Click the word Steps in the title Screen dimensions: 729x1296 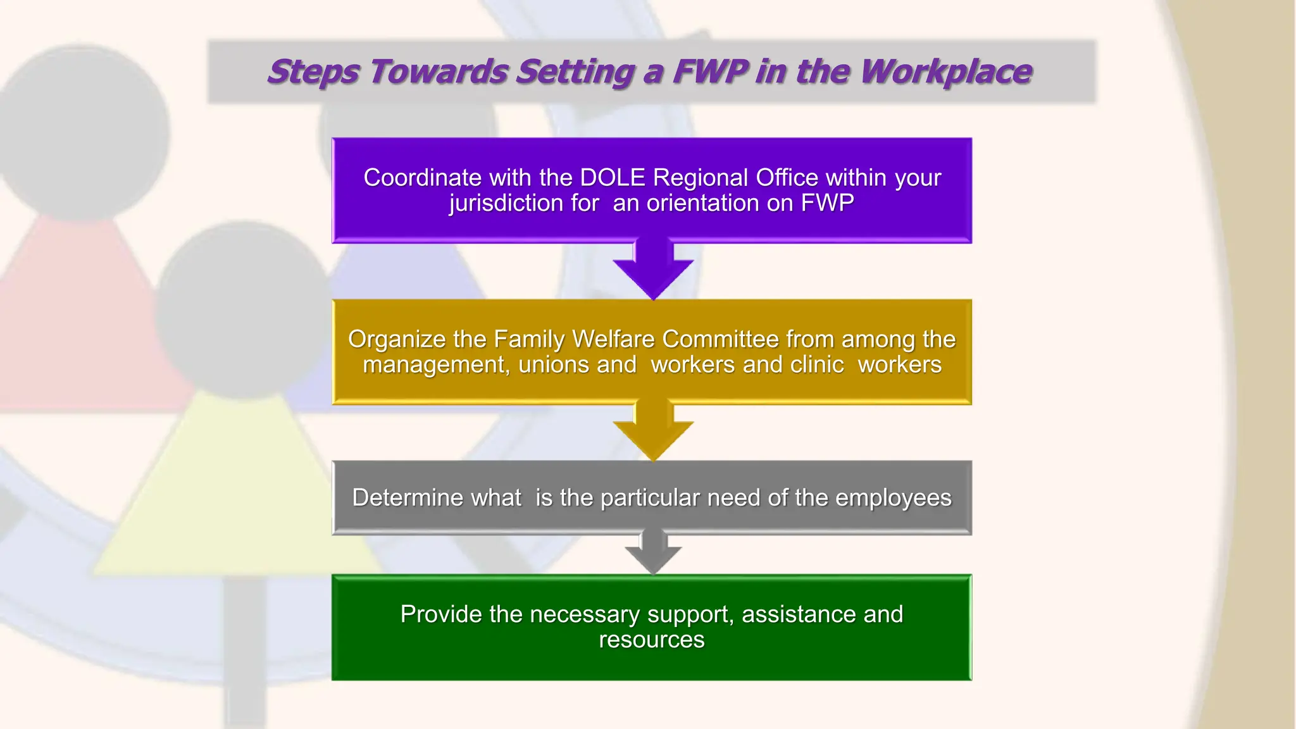314,72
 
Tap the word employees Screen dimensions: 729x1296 893,498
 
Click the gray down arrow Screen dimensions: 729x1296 653,552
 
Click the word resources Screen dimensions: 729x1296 652,640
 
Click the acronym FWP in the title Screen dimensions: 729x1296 711,71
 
